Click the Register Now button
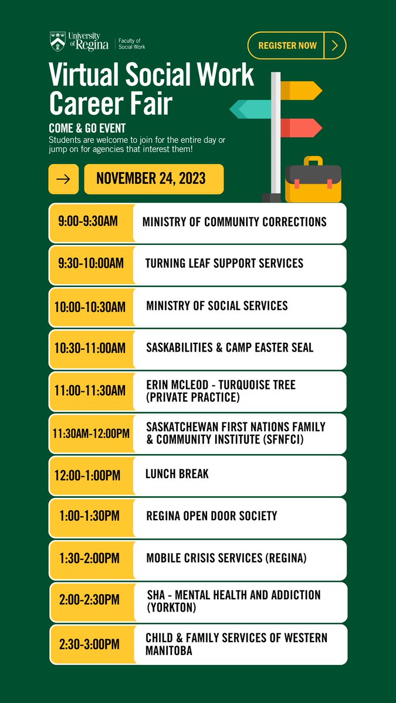click(296, 46)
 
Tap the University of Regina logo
click(79, 42)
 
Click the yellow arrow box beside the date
click(63, 179)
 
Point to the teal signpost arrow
click(250, 108)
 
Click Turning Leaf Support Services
click(224, 263)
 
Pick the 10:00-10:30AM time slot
click(91, 306)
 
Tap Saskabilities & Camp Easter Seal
click(229, 348)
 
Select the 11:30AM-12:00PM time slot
click(91, 433)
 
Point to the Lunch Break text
click(177, 473)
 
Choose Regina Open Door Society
click(211, 517)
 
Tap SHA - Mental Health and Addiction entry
click(233, 601)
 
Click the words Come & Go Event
click(87, 128)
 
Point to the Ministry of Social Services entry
click(216, 306)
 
